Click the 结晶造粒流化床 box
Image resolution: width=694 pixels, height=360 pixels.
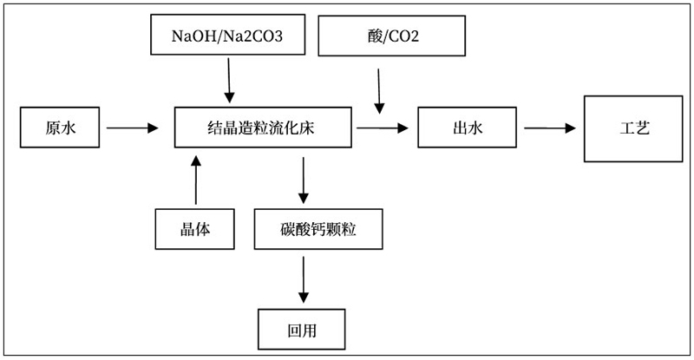click(264, 128)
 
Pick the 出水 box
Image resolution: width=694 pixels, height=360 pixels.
click(469, 128)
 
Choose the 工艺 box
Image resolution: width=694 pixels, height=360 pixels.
click(629, 128)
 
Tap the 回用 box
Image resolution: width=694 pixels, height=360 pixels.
click(303, 329)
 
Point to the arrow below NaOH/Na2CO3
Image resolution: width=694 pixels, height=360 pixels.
click(229, 82)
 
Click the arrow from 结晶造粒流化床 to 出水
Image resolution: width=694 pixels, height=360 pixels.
click(381, 128)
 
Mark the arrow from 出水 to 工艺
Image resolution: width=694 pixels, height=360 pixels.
click(550, 128)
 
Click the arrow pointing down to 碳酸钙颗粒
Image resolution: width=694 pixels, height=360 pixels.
click(303, 180)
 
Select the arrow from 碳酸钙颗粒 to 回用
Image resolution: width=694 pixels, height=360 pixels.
click(303, 279)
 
